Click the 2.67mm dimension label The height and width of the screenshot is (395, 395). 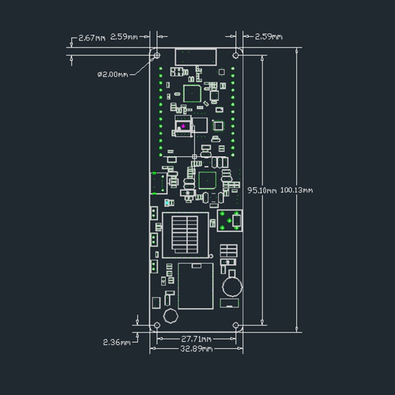(92, 38)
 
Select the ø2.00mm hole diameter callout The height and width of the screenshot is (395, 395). (113, 74)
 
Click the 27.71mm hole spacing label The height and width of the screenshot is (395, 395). (196, 339)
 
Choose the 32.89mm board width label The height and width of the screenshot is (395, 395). (196, 349)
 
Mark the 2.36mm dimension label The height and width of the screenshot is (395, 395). (116, 342)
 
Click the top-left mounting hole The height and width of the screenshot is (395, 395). (156, 54)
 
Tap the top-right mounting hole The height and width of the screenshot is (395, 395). (236, 54)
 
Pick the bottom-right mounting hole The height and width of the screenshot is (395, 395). (235, 325)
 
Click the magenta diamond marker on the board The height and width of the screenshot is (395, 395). (183, 126)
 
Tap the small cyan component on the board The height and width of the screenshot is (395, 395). (167, 203)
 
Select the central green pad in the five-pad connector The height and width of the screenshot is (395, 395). (230, 220)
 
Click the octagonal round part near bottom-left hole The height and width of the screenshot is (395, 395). (170, 316)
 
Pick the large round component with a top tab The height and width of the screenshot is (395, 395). (231, 287)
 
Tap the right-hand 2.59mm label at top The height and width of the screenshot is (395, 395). (269, 37)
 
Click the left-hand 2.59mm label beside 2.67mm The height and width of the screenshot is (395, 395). (124, 37)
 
